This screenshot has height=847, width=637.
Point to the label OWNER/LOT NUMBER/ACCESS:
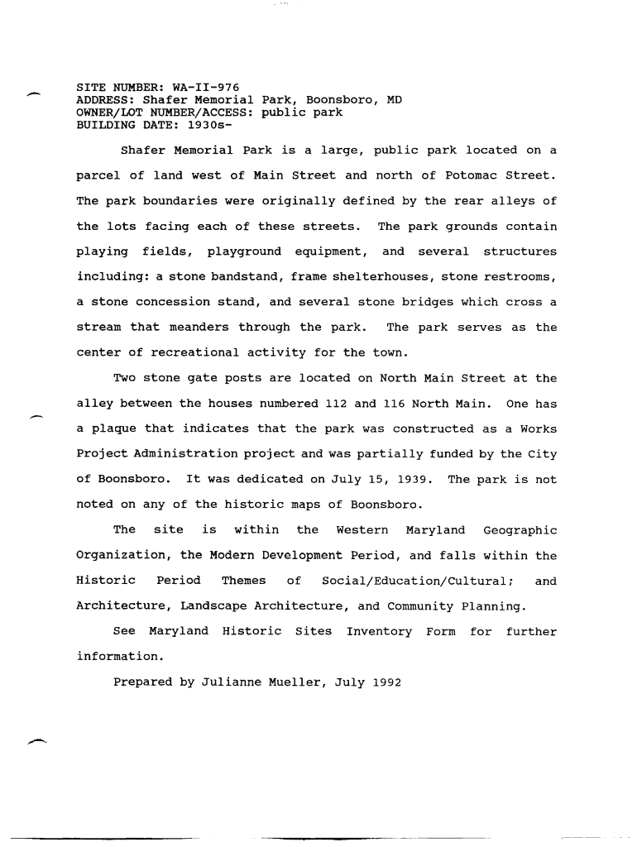(165, 112)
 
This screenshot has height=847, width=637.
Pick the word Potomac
(449, 175)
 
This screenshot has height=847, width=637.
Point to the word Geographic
(520, 530)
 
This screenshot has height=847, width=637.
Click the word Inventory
(379, 632)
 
